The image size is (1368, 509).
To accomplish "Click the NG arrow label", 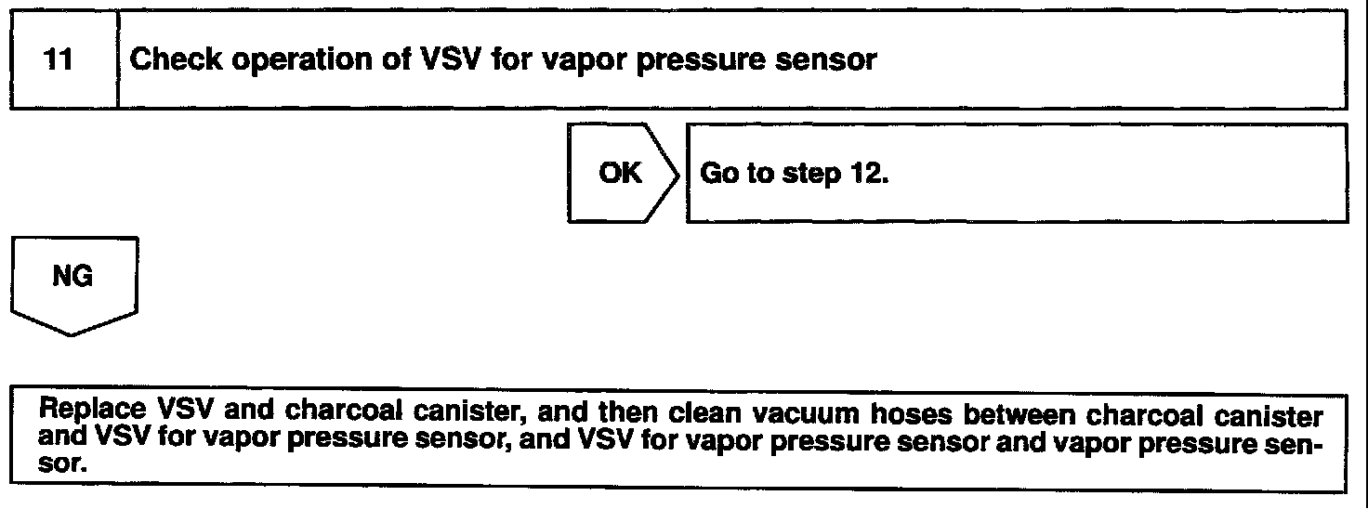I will point(73,277).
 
